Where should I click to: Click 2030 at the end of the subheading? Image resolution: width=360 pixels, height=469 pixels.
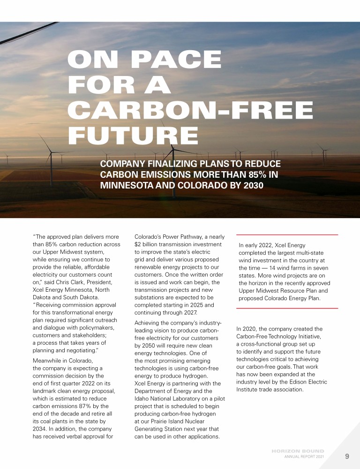coord(251,185)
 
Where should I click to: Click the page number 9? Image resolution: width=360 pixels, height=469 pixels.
coord(347,456)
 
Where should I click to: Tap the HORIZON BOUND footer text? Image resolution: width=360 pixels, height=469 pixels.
coord(298,451)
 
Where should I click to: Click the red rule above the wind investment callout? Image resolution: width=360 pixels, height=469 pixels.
coord(287,234)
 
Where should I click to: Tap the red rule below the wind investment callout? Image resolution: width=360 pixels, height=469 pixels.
coord(287,308)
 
